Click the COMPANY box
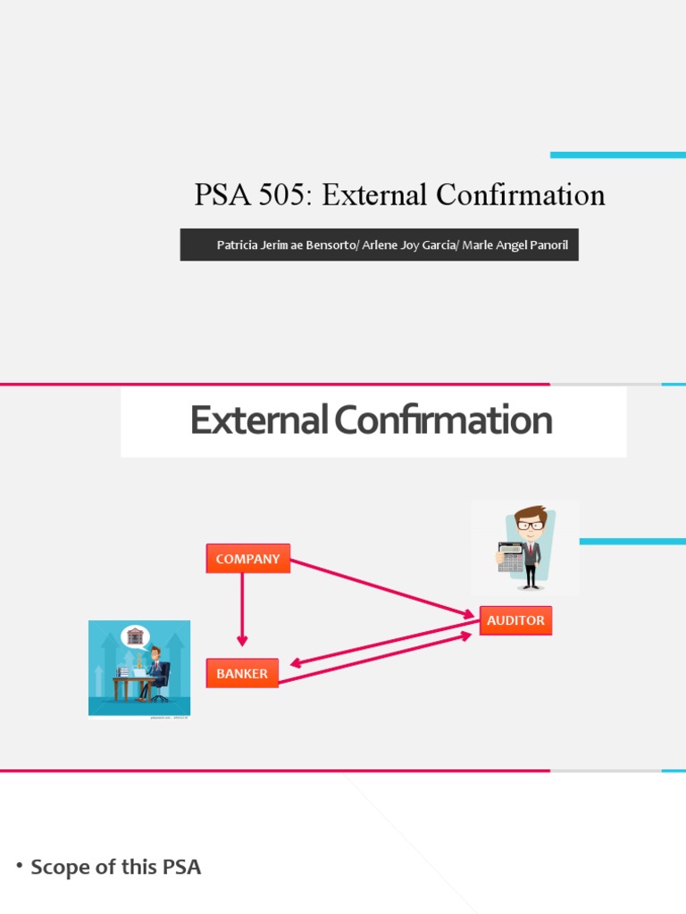pos(247,559)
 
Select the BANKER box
pos(242,673)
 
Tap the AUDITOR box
pos(515,620)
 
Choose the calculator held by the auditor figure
pos(510,556)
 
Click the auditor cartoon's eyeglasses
pos(530,526)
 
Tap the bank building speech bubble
pos(135,636)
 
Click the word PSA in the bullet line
pos(181,867)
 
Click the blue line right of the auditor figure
pos(632,541)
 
